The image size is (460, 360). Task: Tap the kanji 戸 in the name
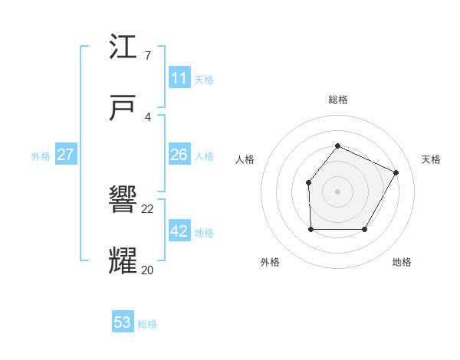[123, 108]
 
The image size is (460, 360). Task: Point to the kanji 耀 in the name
[123, 260]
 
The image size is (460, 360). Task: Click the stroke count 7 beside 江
[147, 56]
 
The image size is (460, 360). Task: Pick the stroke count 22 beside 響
[148, 208]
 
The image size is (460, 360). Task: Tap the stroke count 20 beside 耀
[148, 269]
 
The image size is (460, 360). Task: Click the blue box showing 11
[179, 77]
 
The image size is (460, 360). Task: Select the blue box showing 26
[179, 155]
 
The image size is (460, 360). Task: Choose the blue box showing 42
[179, 231]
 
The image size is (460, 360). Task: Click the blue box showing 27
[65, 155]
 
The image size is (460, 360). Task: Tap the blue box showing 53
[123, 322]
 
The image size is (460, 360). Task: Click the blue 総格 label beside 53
[147, 324]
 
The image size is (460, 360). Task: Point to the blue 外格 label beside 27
[41, 156]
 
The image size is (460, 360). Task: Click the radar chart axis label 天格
[431, 159]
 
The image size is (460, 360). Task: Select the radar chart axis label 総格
[337, 100]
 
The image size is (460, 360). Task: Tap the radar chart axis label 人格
[245, 159]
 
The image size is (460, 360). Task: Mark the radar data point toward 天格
[396, 173]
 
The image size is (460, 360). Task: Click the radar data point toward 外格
[310, 229]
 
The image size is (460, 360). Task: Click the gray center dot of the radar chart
[337, 191]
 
